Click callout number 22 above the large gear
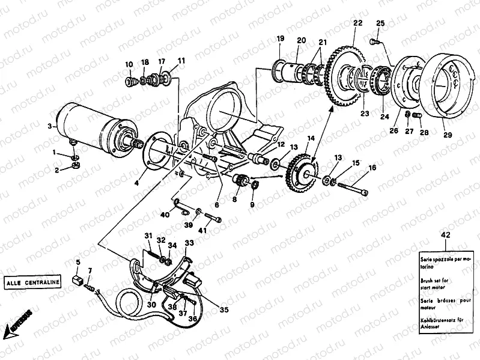click(357, 23)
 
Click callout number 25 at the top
click(380, 23)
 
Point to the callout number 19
click(280, 39)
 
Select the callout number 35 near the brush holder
click(224, 311)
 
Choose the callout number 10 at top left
click(129, 64)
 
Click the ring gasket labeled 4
click(156, 154)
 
